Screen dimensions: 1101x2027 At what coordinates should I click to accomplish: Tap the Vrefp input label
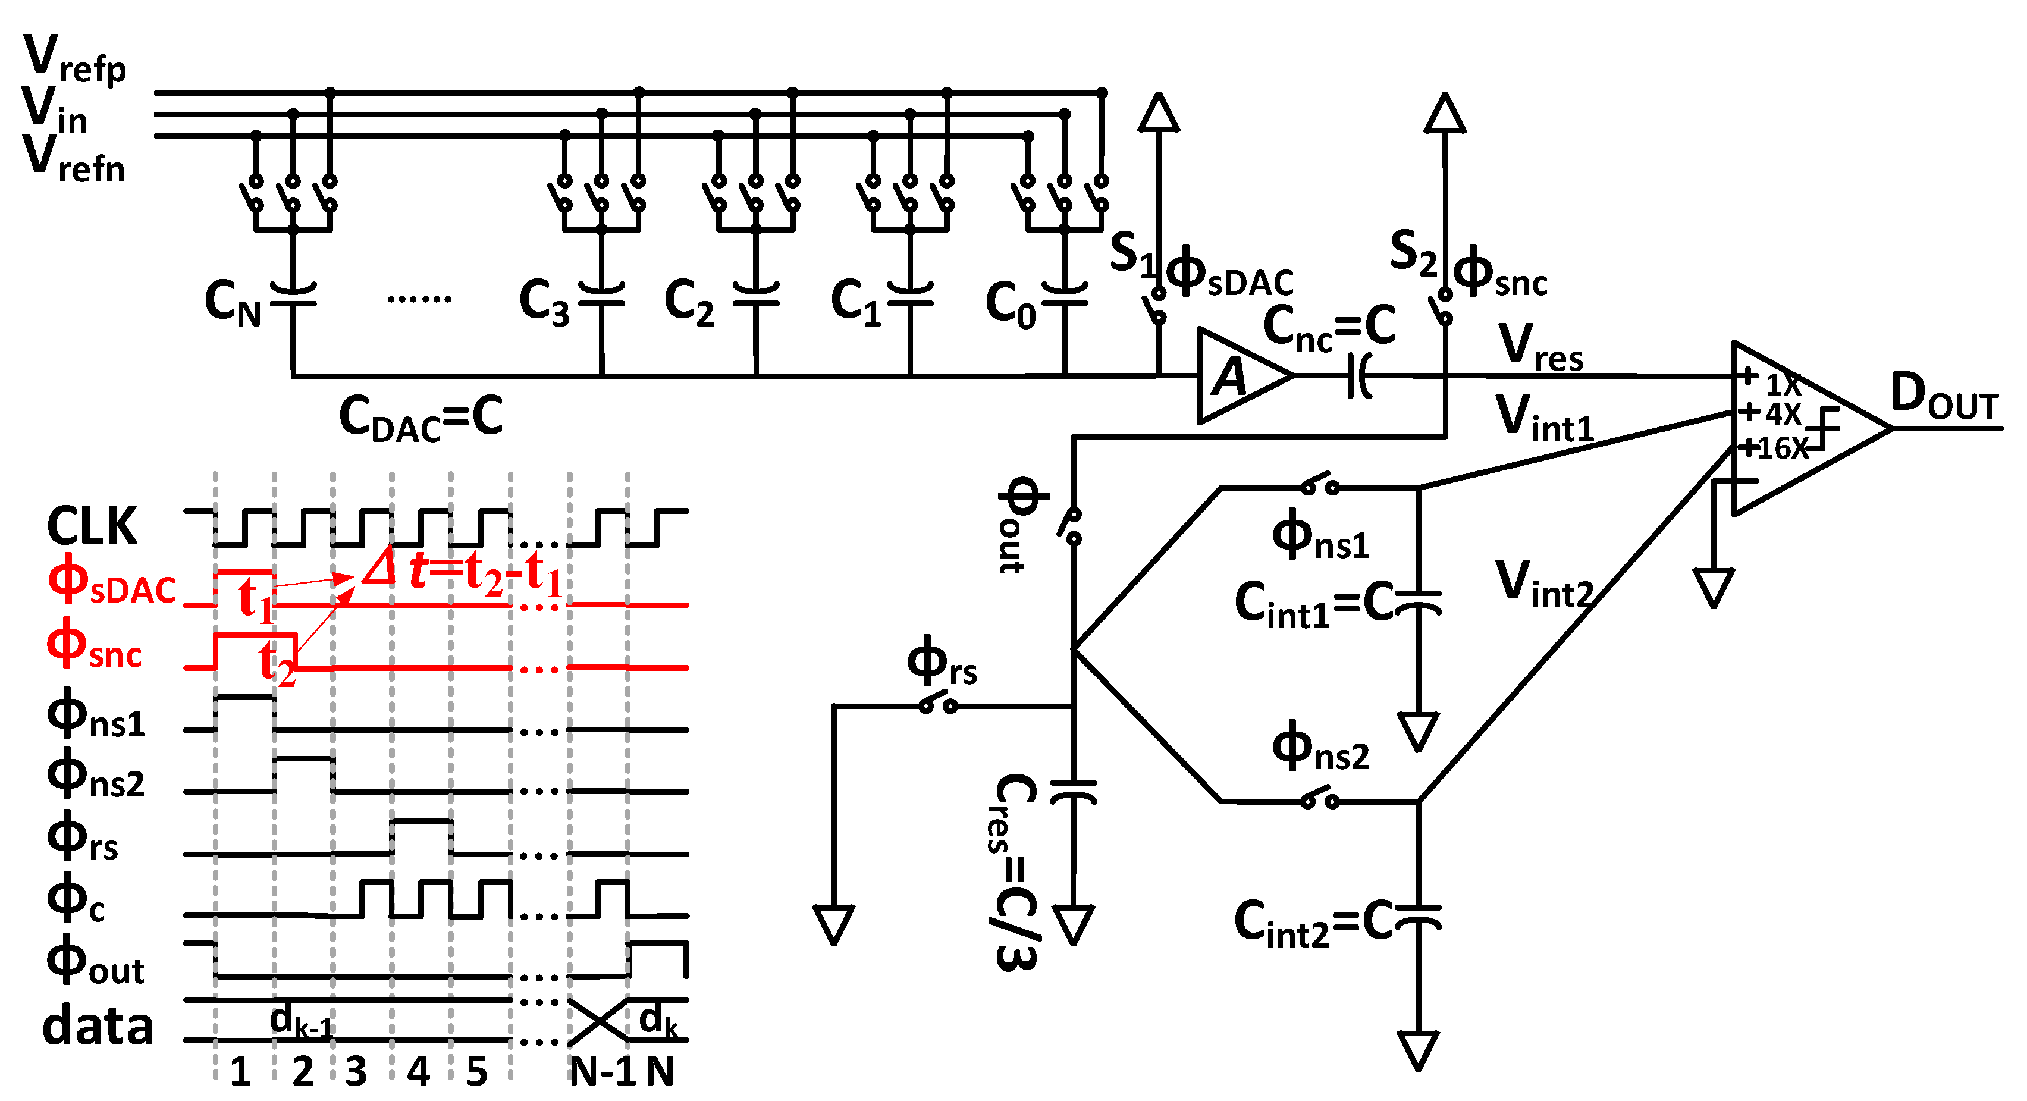[x=75, y=59]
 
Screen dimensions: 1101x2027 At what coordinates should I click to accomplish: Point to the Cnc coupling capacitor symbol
[x=1360, y=376]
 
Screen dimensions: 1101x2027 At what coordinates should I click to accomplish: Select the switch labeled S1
[x=1157, y=305]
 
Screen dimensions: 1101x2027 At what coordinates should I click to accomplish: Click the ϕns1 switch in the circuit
[x=1320, y=485]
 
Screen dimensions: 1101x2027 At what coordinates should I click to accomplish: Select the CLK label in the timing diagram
[x=92, y=526]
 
